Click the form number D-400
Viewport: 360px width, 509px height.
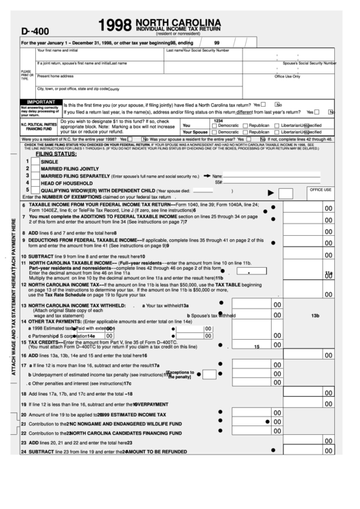[x=36, y=31]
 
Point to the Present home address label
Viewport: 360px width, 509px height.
[x=55, y=75]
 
